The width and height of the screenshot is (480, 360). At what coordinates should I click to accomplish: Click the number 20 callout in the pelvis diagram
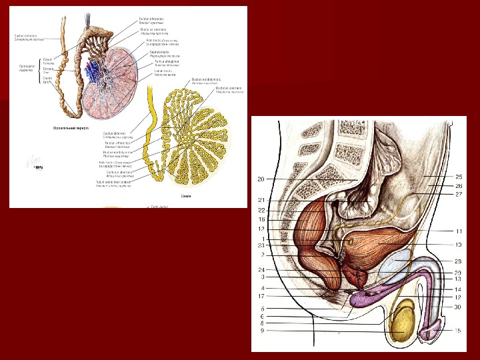click(x=261, y=179)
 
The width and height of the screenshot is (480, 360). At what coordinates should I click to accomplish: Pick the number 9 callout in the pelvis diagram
click(x=263, y=331)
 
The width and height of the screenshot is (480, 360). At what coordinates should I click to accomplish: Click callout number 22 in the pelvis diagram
click(x=263, y=210)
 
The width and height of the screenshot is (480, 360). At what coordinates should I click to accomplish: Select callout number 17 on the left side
click(x=263, y=296)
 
